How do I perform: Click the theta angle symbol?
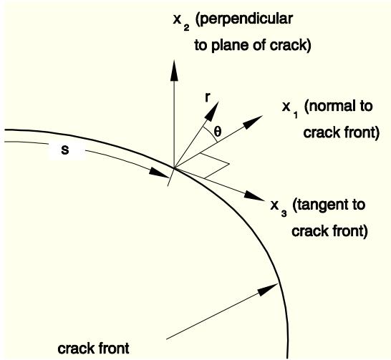point(218,132)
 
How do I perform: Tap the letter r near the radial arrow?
point(207,97)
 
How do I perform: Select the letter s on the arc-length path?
point(65,150)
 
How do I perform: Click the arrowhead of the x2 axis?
point(174,70)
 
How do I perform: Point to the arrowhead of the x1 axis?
point(253,122)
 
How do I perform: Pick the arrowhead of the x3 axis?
point(254,195)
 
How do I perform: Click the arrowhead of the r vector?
point(212,111)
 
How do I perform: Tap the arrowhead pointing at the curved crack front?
point(268,289)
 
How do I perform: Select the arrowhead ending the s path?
point(159,173)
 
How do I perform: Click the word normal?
point(329,106)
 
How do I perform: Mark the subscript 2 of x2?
point(186,27)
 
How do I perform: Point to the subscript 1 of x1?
point(296,115)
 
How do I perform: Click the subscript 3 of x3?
point(284,213)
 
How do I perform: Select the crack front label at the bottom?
point(93,349)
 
